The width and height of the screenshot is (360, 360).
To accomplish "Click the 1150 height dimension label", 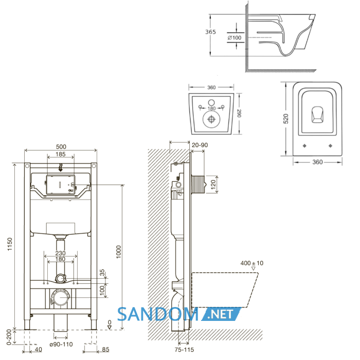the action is tap(10, 244).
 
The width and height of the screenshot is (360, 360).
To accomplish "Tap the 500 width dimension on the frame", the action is tap(61, 147).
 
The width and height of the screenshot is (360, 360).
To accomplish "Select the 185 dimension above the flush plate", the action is tap(61, 154).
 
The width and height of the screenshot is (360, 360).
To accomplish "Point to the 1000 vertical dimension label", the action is tap(118, 252).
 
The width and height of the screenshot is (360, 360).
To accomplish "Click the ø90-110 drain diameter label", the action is tap(61, 344).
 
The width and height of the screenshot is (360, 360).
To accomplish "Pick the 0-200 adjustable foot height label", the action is tap(9, 337).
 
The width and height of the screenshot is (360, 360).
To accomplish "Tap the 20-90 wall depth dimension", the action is tap(200, 145).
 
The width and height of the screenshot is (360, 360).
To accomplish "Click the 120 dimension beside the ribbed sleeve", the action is tap(213, 184).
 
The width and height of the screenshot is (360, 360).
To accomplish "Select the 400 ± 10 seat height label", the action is tap(252, 263).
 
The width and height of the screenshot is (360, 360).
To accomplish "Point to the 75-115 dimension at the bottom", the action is tap(184, 350).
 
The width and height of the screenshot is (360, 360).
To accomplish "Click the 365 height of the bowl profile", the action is tap(210, 32).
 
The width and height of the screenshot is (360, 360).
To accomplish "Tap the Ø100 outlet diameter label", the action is tap(235, 38).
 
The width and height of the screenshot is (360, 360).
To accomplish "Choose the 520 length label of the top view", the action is tap(285, 118).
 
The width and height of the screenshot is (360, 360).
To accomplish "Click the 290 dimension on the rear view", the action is tap(239, 113).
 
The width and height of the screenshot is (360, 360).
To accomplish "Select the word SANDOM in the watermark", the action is tap(158, 315).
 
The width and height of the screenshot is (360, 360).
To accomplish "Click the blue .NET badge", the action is tap(221, 314).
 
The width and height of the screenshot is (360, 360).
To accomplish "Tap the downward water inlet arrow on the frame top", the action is tap(61, 168).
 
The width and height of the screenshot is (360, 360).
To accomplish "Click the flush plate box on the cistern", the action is tap(61, 185).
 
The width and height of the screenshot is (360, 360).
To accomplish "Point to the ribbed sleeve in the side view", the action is tap(198, 184).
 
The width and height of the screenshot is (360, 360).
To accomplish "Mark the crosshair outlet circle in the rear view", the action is tap(211, 119).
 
